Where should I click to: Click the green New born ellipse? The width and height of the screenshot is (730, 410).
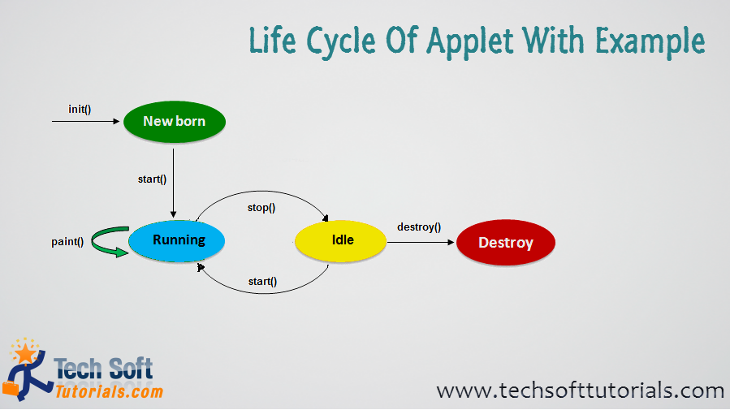175,122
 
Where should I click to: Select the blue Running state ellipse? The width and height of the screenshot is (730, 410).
177,240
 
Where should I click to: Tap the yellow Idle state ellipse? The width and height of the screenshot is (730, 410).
341,240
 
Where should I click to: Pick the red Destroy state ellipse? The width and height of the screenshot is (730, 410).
506,243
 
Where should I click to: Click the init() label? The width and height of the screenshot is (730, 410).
80,110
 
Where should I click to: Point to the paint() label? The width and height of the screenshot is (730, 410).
67,241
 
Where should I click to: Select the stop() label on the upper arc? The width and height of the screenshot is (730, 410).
261,208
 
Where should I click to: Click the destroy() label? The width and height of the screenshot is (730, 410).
419,227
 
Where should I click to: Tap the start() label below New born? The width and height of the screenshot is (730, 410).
152,179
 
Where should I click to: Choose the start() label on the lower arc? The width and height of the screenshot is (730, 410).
262,282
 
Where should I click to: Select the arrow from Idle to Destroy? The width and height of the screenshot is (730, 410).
421,243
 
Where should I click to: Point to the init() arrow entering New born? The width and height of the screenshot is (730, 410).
85,122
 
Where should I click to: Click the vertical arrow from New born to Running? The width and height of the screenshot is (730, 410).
173,183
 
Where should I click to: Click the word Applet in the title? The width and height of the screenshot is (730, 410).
470,41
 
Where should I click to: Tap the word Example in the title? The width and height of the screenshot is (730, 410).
650,41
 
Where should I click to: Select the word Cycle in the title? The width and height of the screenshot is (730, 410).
341,41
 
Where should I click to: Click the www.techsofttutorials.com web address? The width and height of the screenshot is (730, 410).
580,391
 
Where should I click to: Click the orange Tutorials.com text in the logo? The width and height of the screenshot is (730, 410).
109,391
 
